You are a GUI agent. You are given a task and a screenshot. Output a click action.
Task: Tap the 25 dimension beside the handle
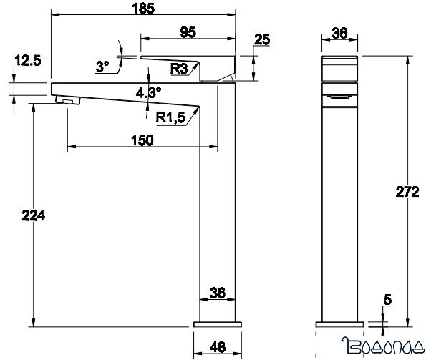(261, 39)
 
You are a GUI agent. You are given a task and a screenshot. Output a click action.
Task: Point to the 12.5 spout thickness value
(26, 62)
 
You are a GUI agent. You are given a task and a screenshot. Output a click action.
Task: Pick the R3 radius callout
(180, 69)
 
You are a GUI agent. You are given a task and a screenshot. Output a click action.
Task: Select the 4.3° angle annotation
(148, 91)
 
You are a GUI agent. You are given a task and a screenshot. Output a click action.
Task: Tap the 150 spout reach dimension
(142, 140)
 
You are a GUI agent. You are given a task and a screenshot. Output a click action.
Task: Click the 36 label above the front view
(340, 33)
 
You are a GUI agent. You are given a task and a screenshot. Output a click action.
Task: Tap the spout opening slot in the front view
(340, 96)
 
